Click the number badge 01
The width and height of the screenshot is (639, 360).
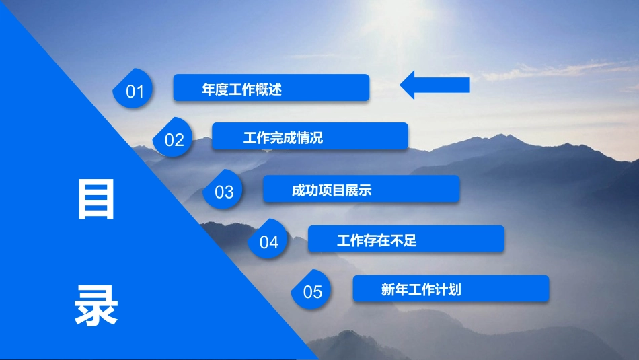pyautogui.click(x=133, y=88)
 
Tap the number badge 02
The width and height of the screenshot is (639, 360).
pyautogui.click(x=173, y=137)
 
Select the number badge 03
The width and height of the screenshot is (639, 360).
pyautogui.click(x=223, y=190)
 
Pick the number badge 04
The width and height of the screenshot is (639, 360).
pyautogui.click(x=268, y=240)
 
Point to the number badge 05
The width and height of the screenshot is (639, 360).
pyautogui.click(x=311, y=289)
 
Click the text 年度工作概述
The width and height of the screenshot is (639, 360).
pyautogui.click(x=241, y=89)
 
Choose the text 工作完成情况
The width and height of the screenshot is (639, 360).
pyautogui.click(x=283, y=138)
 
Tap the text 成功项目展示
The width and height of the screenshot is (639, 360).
pyautogui.click(x=332, y=190)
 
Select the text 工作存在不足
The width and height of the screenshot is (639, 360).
pyautogui.click(x=377, y=240)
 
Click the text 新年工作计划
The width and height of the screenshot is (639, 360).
pyautogui.click(x=421, y=290)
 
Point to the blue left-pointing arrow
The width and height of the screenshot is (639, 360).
pyautogui.click(x=435, y=85)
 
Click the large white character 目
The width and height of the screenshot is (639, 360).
pyautogui.click(x=96, y=200)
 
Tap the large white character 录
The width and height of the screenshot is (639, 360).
pyautogui.click(x=96, y=305)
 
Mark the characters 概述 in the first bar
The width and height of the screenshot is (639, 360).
pyautogui.click(x=268, y=89)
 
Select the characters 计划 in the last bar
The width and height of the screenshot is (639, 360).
pyautogui.click(x=448, y=290)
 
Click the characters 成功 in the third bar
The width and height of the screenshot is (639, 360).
pyautogui.click(x=305, y=190)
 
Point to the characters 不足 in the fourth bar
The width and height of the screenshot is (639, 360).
pyautogui.click(x=404, y=240)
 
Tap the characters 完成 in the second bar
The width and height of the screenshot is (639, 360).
pyautogui.click(x=283, y=138)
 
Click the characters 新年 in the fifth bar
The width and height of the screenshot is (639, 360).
pyautogui.click(x=394, y=290)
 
